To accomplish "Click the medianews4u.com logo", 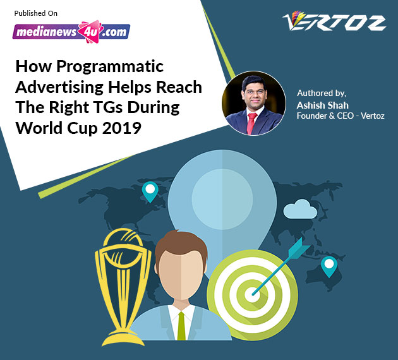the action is tap(71, 32).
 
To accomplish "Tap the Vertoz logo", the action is tap(334, 21).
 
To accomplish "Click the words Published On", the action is tap(36, 13).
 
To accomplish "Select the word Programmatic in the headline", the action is tap(110, 67).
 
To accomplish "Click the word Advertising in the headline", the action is tap(59, 87).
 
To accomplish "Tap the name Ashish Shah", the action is tap(323, 105).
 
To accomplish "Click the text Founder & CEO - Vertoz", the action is tap(341, 116).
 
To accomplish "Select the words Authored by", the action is tap(322, 93).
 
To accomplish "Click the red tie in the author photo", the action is tap(251, 123).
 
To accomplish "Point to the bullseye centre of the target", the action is tap(253, 294).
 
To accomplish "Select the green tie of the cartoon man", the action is tap(181, 326).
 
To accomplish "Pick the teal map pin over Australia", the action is tap(329, 267).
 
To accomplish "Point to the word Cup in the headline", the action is tap(82, 128).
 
